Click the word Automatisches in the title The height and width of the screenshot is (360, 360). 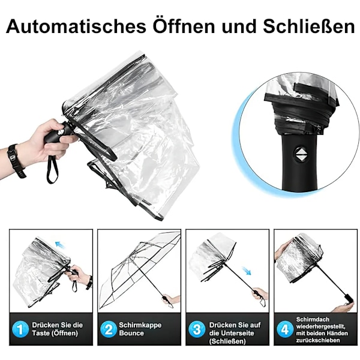point(76,26)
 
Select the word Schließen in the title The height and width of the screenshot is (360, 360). point(309,26)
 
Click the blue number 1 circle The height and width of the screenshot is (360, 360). point(20,329)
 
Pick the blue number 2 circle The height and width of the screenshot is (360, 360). point(109,329)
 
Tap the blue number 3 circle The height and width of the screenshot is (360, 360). point(197,329)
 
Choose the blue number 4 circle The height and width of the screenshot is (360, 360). point(285,329)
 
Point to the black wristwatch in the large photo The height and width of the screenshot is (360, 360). point(16,161)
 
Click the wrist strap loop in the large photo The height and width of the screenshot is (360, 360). point(52,169)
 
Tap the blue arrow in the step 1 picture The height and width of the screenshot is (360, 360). point(60,245)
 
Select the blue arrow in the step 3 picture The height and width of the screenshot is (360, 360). point(247,271)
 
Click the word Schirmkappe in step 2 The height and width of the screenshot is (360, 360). point(140,325)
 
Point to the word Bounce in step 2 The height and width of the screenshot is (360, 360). point(131,333)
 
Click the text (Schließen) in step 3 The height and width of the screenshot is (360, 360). point(227,341)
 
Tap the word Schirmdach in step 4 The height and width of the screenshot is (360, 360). point(313,319)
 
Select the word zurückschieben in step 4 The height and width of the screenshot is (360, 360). point(317,340)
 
